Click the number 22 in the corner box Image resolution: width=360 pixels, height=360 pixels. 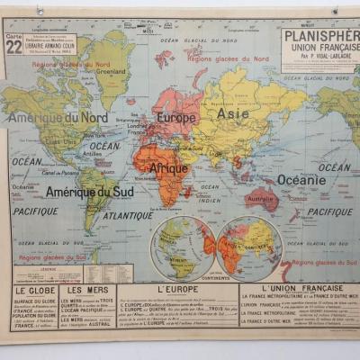coord(15,48)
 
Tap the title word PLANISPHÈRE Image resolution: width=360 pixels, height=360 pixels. coord(319,35)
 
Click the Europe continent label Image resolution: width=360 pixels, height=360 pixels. coord(176,117)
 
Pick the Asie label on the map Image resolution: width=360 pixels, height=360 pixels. coord(233,114)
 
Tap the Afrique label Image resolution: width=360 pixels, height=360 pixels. coord(168,167)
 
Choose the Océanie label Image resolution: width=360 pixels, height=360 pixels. coord(302,179)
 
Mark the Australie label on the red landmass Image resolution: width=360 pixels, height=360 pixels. coord(261,198)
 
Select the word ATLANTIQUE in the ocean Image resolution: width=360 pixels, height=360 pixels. coord(127,216)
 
